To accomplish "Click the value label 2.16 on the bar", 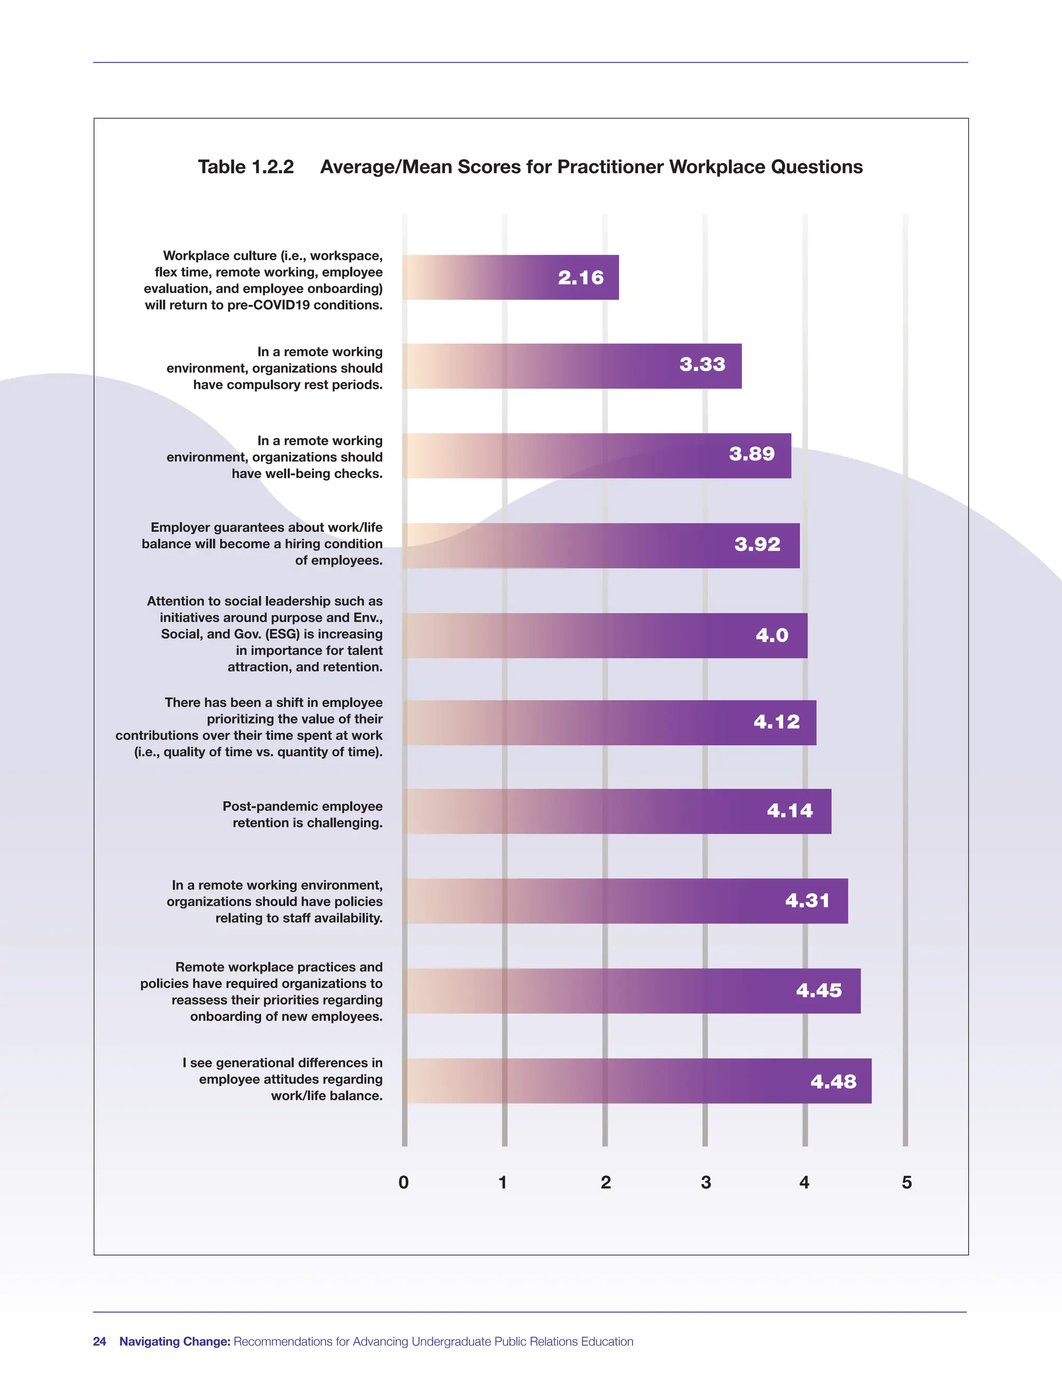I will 580,277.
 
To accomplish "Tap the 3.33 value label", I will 702,364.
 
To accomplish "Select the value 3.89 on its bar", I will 752,454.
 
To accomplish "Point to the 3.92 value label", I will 757,544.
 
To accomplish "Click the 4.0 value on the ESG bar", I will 772,636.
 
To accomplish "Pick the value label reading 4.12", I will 776,722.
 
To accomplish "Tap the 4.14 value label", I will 790,810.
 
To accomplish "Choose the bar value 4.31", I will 807,900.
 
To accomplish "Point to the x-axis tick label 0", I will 404,1183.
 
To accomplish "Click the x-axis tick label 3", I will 706,1183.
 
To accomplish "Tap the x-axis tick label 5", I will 906,1183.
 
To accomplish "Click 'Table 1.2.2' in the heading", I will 246,167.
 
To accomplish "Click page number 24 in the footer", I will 100,1341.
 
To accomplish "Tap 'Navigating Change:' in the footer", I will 175,1341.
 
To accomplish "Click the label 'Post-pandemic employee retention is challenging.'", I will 303,815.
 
